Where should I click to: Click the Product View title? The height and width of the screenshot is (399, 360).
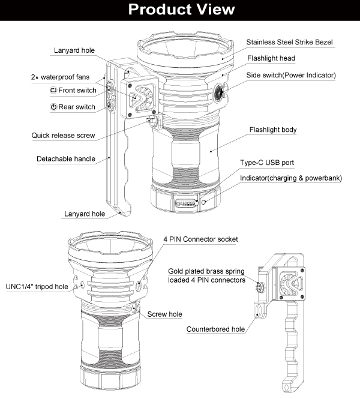pos(180,10)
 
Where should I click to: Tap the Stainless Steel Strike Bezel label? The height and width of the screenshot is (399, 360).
pos(289,42)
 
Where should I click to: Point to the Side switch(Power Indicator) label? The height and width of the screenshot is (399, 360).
pos(290,75)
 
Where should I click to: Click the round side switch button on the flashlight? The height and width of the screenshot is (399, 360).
pos(219,93)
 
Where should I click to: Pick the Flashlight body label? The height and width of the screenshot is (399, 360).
pos(272,130)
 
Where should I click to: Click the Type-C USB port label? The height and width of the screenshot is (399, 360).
pos(266,163)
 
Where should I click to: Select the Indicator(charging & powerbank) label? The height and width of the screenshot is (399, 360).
pos(290,179)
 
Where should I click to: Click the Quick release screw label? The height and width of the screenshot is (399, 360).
pos(64,136)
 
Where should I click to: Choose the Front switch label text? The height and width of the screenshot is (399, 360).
pos(77,90)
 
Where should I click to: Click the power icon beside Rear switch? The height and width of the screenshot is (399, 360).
pos(53,107)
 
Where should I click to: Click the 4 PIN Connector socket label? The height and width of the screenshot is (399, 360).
pos(200,239)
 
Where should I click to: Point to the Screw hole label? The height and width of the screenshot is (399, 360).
pos(164,314)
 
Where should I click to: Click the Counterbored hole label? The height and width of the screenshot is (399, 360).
pos(215,329)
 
